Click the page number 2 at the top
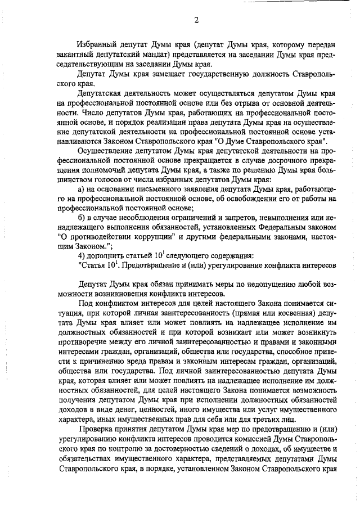196,21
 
